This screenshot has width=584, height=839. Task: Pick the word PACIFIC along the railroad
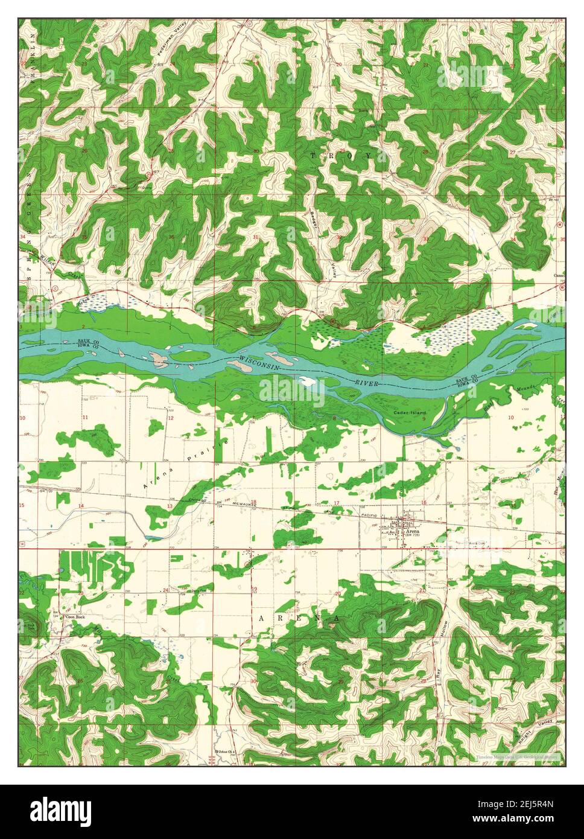coord(369,515)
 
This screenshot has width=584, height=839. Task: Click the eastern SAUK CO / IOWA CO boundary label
coord(466,380)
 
